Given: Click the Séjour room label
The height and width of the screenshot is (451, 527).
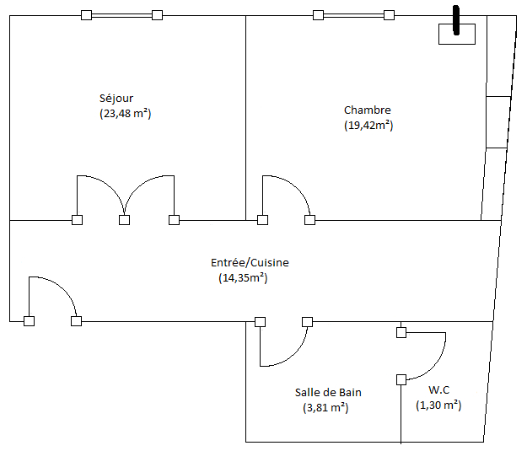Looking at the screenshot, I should [x=116, y=98].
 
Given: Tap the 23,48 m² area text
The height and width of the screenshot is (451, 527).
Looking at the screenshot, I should [x=125, y=113].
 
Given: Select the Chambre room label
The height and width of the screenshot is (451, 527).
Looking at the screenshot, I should [x=367, y=110].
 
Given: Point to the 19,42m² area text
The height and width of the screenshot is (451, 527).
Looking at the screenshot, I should [x=368, y=126].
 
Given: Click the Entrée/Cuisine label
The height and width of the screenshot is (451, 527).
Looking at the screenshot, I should [x=250, y=263].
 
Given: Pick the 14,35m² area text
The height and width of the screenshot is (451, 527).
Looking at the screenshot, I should [x=243, y=277].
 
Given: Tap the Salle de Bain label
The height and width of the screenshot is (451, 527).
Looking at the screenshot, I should [x=328, y=392].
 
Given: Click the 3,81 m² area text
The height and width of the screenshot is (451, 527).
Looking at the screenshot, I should [x=325, y=408].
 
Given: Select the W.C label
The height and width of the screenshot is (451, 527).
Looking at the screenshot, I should [x=439, y=389].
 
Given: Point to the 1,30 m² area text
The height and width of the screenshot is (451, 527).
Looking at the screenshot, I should [x=438, y=405].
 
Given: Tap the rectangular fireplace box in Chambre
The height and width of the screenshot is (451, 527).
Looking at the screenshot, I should [x=456, y=35].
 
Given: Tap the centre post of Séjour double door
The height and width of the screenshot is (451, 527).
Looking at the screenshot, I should [x=125, y=220].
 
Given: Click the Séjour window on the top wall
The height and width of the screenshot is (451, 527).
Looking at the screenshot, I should [x=121, y=14].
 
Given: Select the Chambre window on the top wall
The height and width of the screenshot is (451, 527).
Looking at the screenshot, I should [x=353, y=14].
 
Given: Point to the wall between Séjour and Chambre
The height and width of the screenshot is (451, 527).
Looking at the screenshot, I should [x=245, y=118].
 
